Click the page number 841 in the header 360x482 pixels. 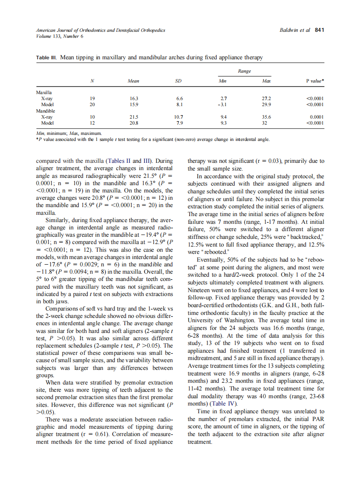point(319,30)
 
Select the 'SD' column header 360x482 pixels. point(179,81)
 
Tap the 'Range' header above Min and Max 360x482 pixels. point(244,71)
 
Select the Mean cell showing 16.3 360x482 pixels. point(134,98)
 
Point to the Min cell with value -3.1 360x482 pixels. point(223,104)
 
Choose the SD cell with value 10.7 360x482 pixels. point(179,116)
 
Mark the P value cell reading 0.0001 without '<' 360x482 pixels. point(316,116)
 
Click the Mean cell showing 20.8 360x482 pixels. point(134,122)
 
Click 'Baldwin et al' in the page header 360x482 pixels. point(294,30)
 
